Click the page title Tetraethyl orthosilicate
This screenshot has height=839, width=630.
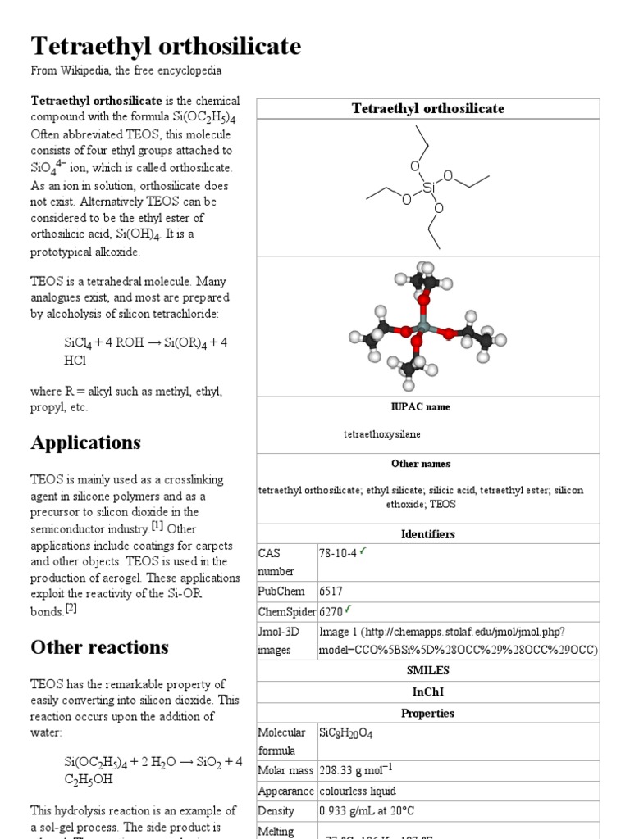tap(166, 46)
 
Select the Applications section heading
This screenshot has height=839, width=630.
tap(86, 442)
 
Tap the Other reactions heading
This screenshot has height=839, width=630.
tap(99, 647)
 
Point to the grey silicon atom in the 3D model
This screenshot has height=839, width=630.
tap(423, 327)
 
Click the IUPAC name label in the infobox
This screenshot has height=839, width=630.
tap(420, 406)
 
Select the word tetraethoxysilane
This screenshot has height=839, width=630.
tap(382, 433)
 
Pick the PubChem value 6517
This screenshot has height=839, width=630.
tap(331, 591)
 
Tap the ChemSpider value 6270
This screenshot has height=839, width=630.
tap(332, 610)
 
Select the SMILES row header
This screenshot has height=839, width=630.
tap(427, 670)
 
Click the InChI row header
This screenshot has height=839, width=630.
tap(427, 692)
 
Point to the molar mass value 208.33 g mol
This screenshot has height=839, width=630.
tap(356, 770)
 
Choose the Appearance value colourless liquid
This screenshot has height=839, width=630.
tap(358, 791)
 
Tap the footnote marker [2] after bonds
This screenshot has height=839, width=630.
tap(71, 608)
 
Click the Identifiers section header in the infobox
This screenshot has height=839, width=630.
tap(427, 534)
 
